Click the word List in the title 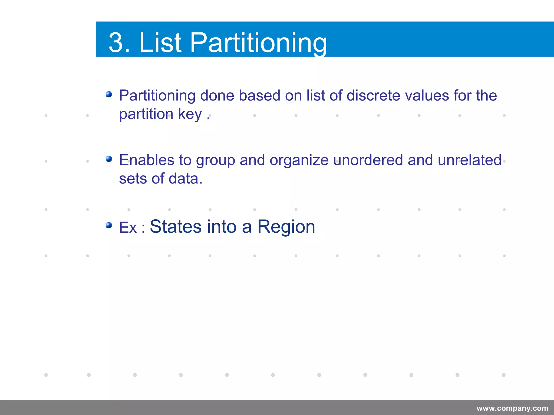coord(160,42)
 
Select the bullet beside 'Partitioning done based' coord(109,94)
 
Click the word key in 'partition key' coord(190,114)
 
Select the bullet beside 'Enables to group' coord(109,159)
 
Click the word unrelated coord(469,160)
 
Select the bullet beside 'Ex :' coord(109,225)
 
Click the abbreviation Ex coord(128,227)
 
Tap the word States coord(176,226)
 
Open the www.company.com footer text coord(512,408)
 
